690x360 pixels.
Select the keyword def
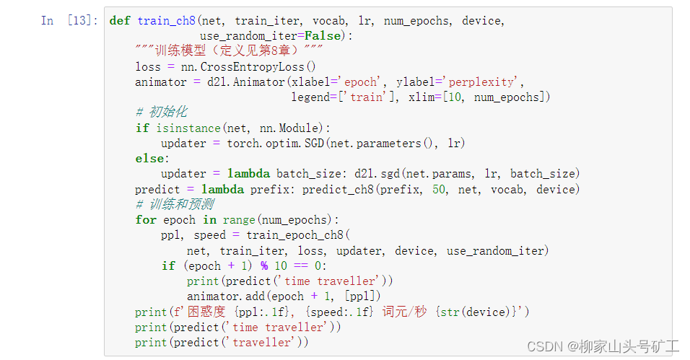pos(119,21)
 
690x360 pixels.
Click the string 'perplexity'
pos(482,82)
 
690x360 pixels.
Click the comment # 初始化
pos(161,112)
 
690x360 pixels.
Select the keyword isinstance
pos(188,128)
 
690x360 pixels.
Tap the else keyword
pos(151,158)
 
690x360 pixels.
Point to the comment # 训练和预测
pos(174,204)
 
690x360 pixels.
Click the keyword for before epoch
pos(145,219)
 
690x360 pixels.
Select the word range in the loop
pos(238,219)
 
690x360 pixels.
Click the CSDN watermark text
pos(603,346)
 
